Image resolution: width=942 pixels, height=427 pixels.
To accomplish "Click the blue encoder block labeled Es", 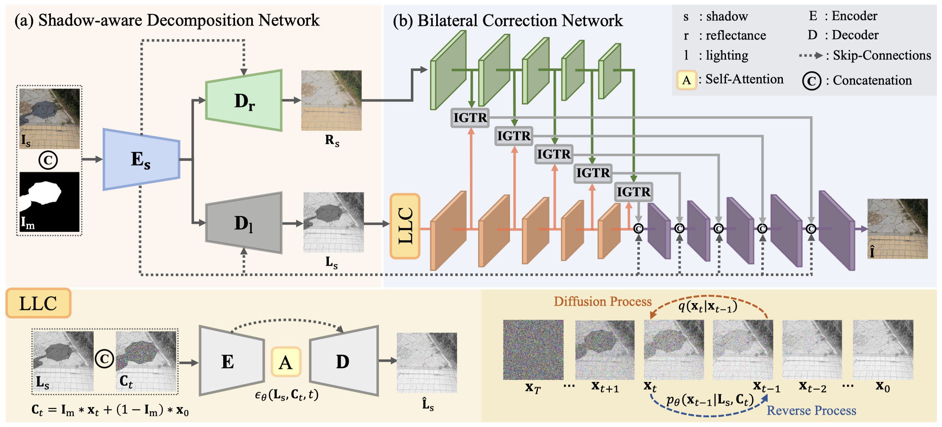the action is pos(142,159).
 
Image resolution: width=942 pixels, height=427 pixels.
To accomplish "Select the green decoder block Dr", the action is pos(244,100).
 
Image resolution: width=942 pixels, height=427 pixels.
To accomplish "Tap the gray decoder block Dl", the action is pos(244,223).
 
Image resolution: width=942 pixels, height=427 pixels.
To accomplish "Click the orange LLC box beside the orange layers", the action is pos(405,226).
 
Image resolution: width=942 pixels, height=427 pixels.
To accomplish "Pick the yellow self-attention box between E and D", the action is pos(286,362).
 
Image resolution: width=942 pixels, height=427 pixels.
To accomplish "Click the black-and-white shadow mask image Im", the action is pos(50,202).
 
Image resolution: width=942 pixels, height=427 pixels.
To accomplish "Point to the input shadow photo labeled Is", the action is pos(50,118).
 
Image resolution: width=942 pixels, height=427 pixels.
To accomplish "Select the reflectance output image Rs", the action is pos(331,100).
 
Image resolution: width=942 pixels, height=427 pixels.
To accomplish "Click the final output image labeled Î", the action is pos(897,229).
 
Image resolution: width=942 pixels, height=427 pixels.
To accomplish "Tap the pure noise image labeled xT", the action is pos(533,350).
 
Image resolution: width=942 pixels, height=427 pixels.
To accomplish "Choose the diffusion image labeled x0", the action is pos(883,350).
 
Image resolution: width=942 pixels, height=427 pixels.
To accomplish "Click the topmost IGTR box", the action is pos(470,118).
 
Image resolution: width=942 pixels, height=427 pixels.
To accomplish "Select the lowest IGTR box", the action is pos(634,192).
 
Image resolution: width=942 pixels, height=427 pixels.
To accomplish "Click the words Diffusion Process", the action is pos(603,301).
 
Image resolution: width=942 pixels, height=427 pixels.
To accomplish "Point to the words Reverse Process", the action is pos(811,410).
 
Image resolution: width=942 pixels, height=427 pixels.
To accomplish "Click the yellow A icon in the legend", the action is pos(687,80).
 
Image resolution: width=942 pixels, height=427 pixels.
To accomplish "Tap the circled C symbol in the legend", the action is pos(812,81).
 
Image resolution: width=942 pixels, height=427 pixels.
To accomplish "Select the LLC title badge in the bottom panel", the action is pos(38,303).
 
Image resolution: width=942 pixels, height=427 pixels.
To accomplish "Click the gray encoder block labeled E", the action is pos(232,361).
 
